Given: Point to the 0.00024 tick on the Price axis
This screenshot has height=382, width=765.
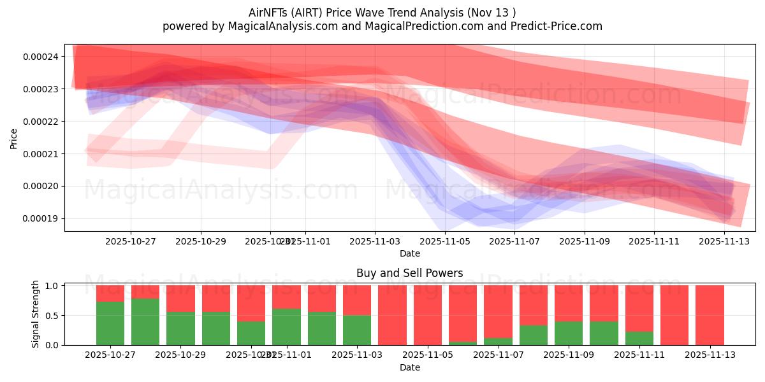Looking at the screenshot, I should tap(40, 57).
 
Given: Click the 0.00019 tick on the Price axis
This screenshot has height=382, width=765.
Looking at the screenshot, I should tap(40, 218).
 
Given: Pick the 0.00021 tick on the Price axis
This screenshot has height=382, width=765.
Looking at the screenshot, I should tap(40, 153).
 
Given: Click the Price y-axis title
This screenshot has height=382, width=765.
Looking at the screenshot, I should tap(13, 138).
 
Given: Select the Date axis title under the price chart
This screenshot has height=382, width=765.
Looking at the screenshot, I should tap(409, 253).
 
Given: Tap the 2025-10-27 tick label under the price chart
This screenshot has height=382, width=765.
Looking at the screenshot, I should tap(131, 242).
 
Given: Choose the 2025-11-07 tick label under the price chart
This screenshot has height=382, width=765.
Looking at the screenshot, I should tap(514, 242).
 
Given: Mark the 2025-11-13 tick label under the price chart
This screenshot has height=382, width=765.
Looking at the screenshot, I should tap(724, 242).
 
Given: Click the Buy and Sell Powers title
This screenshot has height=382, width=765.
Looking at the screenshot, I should tap(409, 273).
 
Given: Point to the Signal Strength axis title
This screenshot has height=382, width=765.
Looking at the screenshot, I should tap(36, 314).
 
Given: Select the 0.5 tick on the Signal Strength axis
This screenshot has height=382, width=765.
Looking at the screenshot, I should tap(52, 315).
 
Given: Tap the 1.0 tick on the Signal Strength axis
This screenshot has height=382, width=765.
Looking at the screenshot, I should tap(52, 286).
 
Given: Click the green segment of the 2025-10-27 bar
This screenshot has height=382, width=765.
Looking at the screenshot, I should tap(110, 323).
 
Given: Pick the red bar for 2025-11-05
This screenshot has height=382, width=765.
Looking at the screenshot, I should tap(427, 315).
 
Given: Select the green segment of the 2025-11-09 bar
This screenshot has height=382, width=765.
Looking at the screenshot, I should tap(568, 333).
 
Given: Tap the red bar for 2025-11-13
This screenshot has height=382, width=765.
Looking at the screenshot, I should tap(710, 315).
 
